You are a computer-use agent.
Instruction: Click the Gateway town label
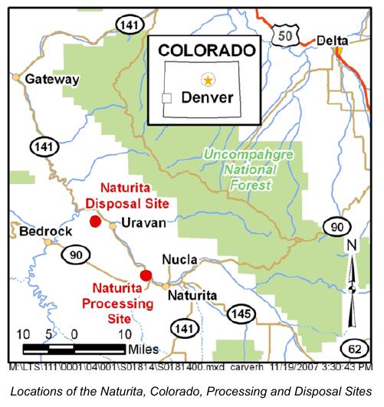(52, 79)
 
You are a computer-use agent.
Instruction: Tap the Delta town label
(335, 41)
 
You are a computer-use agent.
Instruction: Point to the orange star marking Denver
(208, 79)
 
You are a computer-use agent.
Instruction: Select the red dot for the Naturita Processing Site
(146, 275)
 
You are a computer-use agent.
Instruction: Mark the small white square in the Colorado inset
(166, 98)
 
